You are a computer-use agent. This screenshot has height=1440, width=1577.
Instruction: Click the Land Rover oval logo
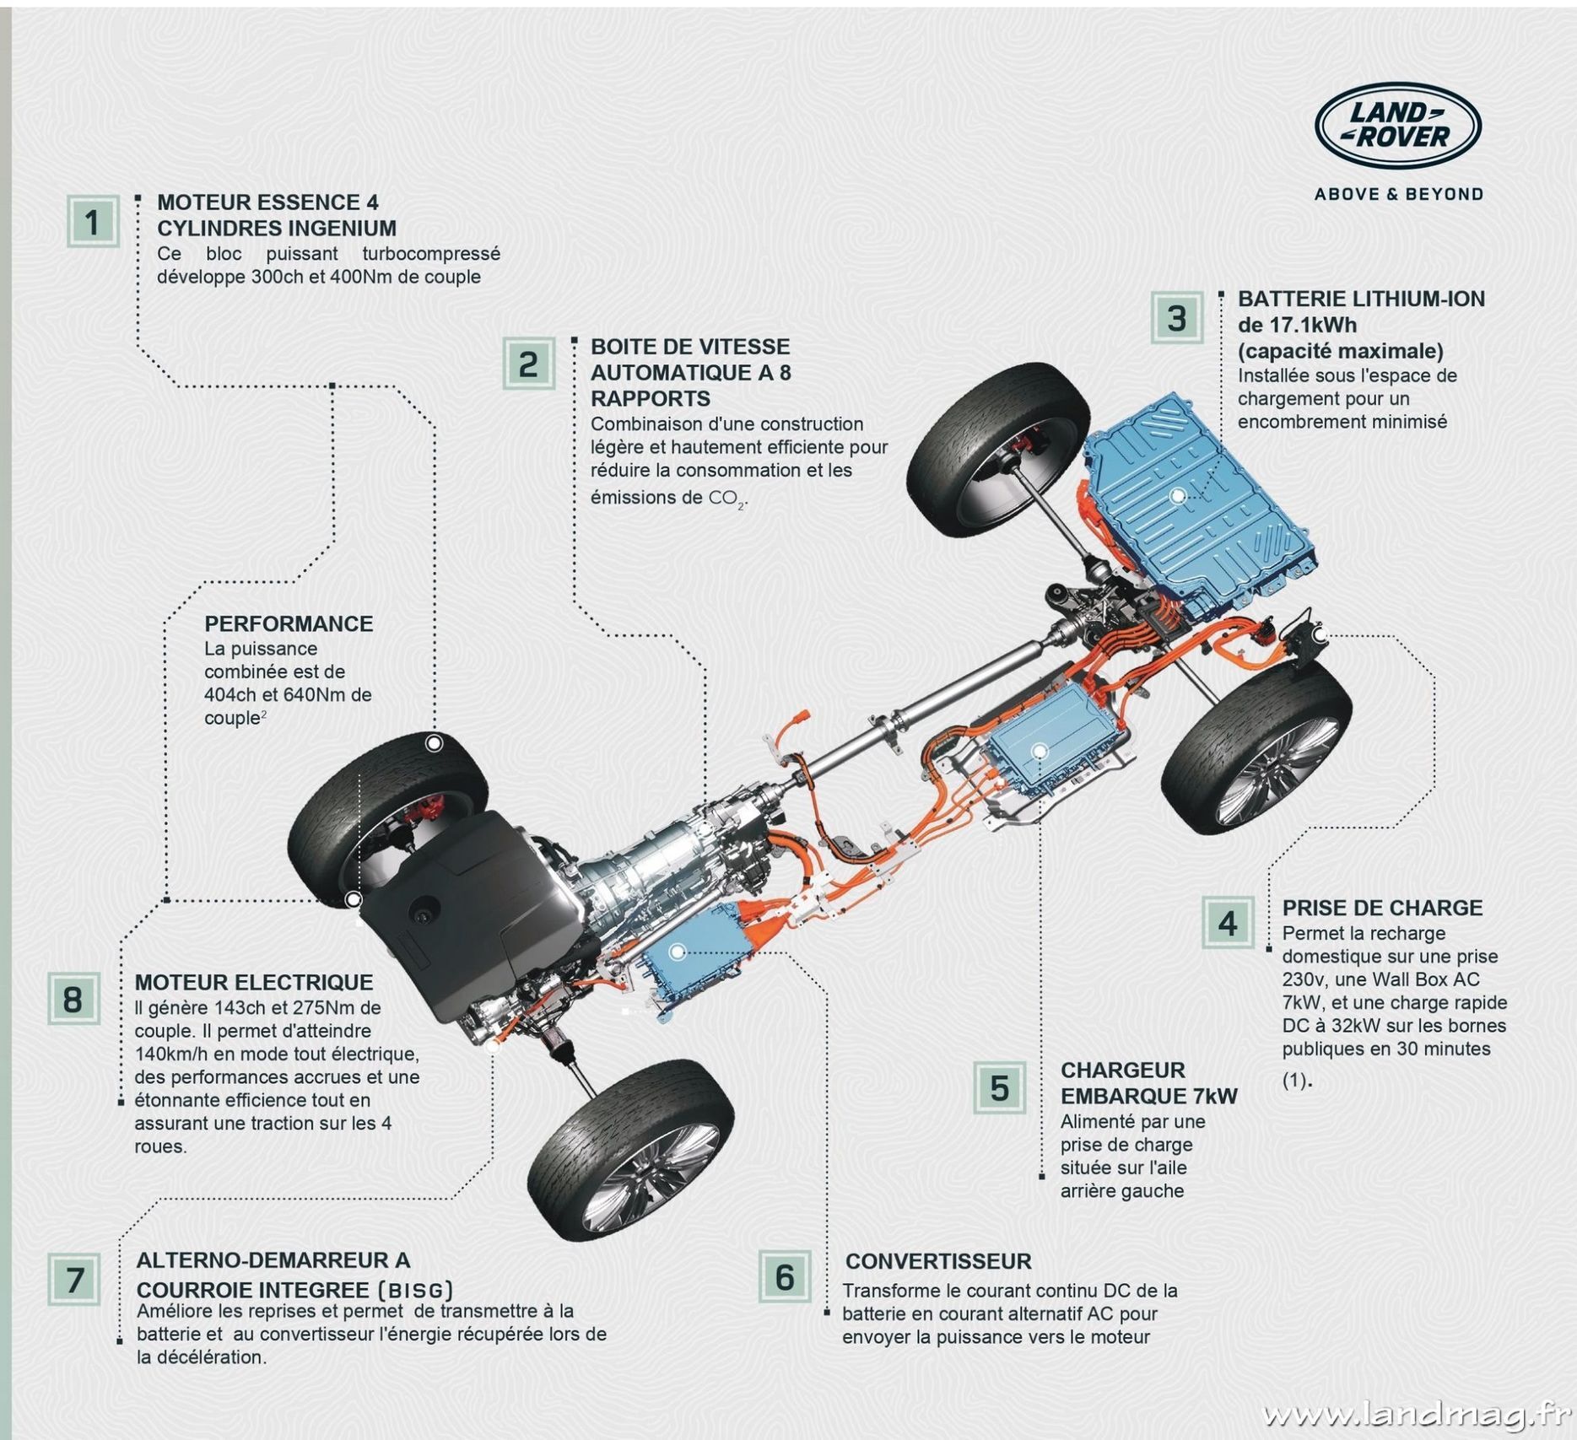[x=1397, y=127]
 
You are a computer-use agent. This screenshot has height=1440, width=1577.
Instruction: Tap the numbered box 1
[x=92, y=222]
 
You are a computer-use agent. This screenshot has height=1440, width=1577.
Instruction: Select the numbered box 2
[x=528, y=364]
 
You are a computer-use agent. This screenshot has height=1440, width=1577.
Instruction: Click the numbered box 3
[x=1176, y=318]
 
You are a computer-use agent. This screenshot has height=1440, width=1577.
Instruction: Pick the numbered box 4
[x=1227, y=923]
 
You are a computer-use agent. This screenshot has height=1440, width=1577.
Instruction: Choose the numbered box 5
[x=999, y=1087]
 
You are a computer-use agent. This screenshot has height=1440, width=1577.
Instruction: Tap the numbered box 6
[x=784, y=1277]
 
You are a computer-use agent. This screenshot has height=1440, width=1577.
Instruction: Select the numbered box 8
[x=73, y=999]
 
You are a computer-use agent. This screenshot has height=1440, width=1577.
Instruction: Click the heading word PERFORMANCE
[x=289, y=623]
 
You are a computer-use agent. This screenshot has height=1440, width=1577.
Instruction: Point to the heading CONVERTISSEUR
[x=938, y=1261]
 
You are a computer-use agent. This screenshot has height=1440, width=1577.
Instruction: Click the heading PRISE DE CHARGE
[x=1382, y=908]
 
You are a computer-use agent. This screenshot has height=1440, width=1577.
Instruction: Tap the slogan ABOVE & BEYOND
[x=1398, y=194]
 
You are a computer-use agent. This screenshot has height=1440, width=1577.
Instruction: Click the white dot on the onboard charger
[x=1040, y=751]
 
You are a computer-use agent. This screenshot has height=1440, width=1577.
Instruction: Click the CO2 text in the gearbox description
[x=726, y=499]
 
